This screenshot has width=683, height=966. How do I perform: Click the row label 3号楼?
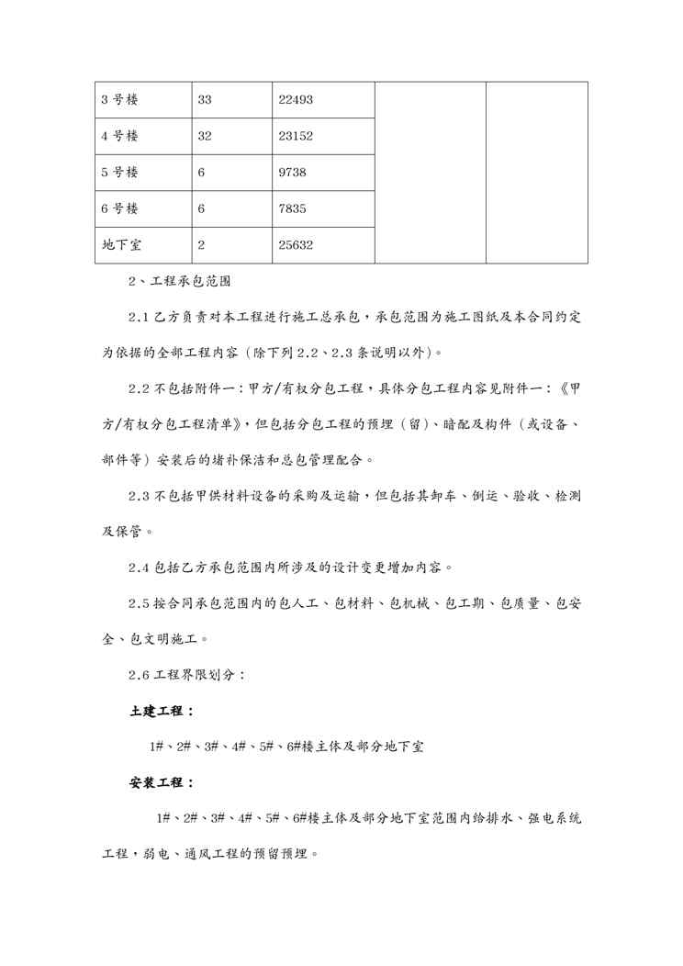(119, 99)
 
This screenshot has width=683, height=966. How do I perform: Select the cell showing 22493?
(297, 99)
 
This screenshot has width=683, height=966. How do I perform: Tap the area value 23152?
(297, 136)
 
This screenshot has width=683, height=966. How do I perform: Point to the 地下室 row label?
(121, 246)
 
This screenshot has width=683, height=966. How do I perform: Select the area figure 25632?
(297, 246)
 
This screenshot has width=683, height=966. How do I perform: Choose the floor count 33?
(205, 99)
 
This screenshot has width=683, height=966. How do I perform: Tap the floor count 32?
(205, 136)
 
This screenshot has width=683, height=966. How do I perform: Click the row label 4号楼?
(119, 136)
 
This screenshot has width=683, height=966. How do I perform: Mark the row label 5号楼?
(119, 173)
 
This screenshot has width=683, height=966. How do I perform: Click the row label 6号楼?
(119, 209)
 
